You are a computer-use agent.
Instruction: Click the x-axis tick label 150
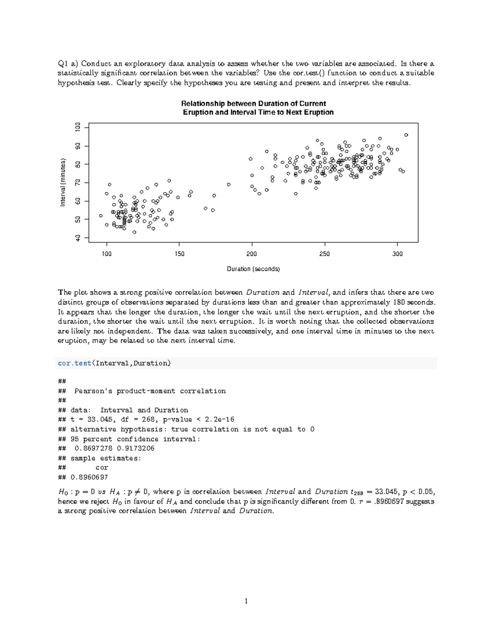click(x=179, y=254)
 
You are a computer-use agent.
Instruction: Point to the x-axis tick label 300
click(x=397, y=254)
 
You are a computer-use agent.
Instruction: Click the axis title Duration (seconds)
click(x=253, y=269)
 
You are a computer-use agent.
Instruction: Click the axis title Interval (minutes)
click(x=63, y=183)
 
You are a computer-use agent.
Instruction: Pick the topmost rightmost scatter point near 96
click(x=406, y=135)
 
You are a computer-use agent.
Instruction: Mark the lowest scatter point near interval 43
click(x=134, y=232)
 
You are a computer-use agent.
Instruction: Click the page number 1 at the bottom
click(x=246, y=601)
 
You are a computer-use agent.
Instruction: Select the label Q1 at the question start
click(x=63, y=64)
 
